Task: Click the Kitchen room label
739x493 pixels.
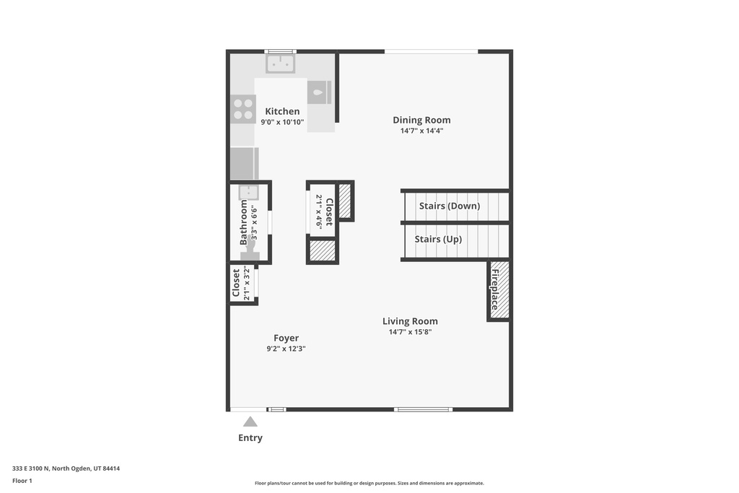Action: pos(282,111)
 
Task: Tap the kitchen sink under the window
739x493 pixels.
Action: pos(280,64)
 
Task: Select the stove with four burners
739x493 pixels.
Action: pos(243,109)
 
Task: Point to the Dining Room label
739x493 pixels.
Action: pos(421,120)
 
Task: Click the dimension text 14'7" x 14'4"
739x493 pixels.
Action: pos(421,131)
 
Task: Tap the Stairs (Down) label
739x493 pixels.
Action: pos(449,206)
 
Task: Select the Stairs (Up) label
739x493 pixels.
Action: pos(438,239)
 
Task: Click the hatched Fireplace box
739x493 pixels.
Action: pos(499,290)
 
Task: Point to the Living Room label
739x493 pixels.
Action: pos(410,321)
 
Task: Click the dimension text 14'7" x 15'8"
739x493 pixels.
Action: pos(410,332)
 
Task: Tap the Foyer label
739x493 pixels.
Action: pos(286,338)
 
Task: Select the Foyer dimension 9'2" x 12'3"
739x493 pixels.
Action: pos(286,349)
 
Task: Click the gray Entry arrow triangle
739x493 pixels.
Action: pos(250,422)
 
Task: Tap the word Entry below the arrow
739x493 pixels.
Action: pos(250,438)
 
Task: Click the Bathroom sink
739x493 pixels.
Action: pos(248,192)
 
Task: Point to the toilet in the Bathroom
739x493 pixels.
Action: pos(250,250)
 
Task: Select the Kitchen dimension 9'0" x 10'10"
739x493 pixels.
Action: pos(282,122)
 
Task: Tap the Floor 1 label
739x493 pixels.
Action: pos(22,480)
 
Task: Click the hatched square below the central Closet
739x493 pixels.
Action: pos(322,250)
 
